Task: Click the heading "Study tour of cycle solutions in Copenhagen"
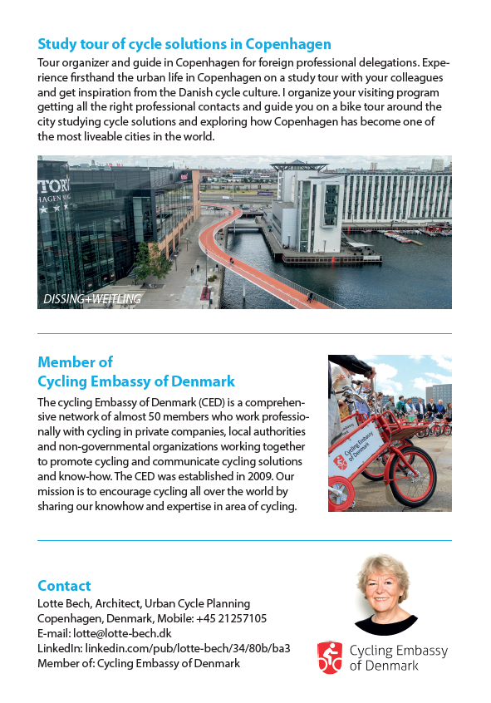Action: coord(184,44)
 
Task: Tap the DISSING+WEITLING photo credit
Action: coord(91,298)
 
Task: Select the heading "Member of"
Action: coord(75,362)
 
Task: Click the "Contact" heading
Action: coord(64,586)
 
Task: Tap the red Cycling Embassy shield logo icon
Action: coord(330,657)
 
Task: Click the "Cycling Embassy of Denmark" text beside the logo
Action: coord(398,658)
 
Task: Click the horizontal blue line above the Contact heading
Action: coord(244,541)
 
